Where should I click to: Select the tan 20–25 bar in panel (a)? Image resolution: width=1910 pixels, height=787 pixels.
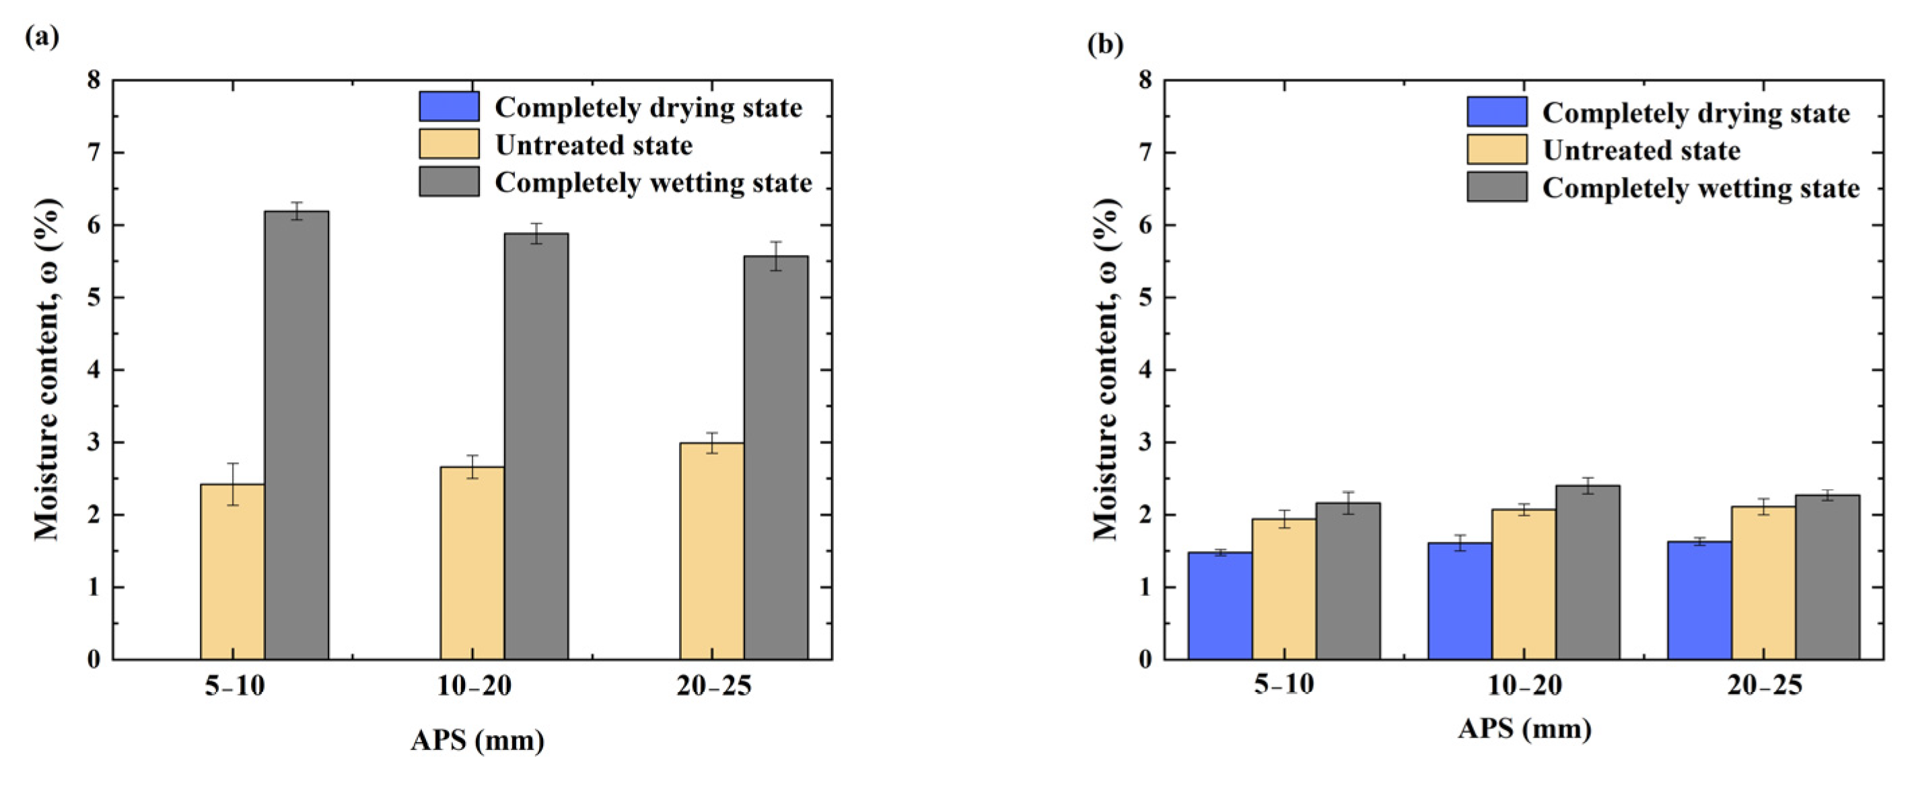pyautogui.click(x=712, y=552)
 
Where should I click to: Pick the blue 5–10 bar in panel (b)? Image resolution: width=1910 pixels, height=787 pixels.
pyautogui.click(x=1219, y=606)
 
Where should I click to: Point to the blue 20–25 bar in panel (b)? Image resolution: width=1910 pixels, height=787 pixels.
pyautogui.click(x=1699, y=601)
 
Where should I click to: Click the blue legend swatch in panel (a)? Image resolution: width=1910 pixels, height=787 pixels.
pyautogui.click(x=449, y=107)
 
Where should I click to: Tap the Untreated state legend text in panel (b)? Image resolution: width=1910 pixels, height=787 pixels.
pyautogui.click(x=1641, y=151)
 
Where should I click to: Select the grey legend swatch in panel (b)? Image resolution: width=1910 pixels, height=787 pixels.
pyautogui.click(x=1496, y=188)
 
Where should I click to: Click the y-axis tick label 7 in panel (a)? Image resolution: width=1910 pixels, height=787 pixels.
pyautogui.click(x=94, y=153)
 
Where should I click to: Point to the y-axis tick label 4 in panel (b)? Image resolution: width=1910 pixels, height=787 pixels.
pyautogui.click(x=1145, y=371)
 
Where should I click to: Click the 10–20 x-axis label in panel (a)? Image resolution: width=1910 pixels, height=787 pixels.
pyautogui.click(x=474, y=686)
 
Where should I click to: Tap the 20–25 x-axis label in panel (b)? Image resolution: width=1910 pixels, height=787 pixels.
pyautogui.click(x=1764, y=685)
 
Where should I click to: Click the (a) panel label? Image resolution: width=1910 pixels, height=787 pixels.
pyautogui.click(x=42, y=36)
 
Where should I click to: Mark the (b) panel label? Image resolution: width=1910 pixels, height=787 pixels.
pyautogui.click(x=1105, y=45)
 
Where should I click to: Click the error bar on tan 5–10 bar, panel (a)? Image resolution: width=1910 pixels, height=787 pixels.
pyautogui.click(x=233, y=484)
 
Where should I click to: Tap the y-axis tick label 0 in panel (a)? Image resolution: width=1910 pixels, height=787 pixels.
pyautogui.click(x=94, y=660)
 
